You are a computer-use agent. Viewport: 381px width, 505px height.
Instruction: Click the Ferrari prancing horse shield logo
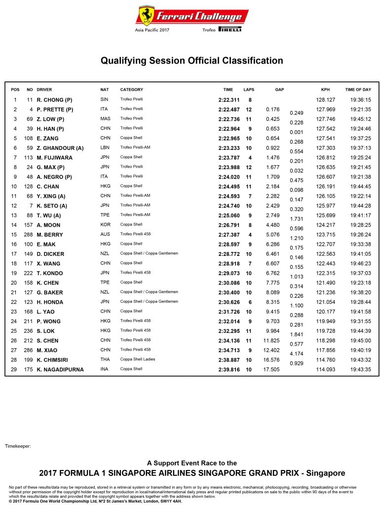(x=147, y=16)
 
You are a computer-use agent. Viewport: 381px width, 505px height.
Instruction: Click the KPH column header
(x=325, y=90)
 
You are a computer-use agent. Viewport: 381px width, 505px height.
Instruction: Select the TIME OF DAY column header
(x=358, y=90)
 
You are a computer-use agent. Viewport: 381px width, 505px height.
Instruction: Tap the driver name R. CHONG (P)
(x=54, y=100)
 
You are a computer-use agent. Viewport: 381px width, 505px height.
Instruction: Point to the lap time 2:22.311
(x=228, y=100)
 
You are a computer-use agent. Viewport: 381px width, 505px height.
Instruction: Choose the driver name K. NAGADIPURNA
(x=60, y=369)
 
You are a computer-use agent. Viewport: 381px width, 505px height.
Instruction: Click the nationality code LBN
(x=104, y=148)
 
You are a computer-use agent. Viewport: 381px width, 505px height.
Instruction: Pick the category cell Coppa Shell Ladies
(x=138, y=360)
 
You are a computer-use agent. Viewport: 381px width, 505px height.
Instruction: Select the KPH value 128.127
(x=326, y=100)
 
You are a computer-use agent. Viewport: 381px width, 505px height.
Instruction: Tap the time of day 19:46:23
(x=360, y=263)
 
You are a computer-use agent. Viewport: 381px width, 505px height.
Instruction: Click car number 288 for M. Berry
(x=29, y=235)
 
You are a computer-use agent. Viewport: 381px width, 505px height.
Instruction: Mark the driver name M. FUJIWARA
(x=55, y=158)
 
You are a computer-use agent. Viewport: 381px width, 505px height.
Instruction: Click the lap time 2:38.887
(x=228, y=360)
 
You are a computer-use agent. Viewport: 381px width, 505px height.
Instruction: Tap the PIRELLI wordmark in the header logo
(x=229, y=30)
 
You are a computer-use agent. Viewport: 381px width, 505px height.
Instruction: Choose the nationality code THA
(x=105, y=360)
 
